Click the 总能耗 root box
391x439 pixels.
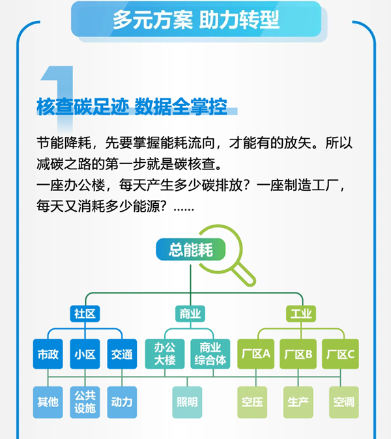[x=190, y=250]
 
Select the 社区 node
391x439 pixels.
[x=85, y=314]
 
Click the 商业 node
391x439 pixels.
[x=190, y=314]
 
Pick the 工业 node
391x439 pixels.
[x=300, y=314]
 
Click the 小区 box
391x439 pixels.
[x=85, y=354]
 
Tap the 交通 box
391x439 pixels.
[x=122, y=354]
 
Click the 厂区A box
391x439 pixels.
[x=255, y=354]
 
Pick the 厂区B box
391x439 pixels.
[x=298, y=354]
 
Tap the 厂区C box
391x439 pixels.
[x=340, y=354]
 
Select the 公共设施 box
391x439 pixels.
[x=85, y=402]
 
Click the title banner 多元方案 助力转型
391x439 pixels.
[x=195, y=20]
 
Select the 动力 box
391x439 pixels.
[x=122, y=402]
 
